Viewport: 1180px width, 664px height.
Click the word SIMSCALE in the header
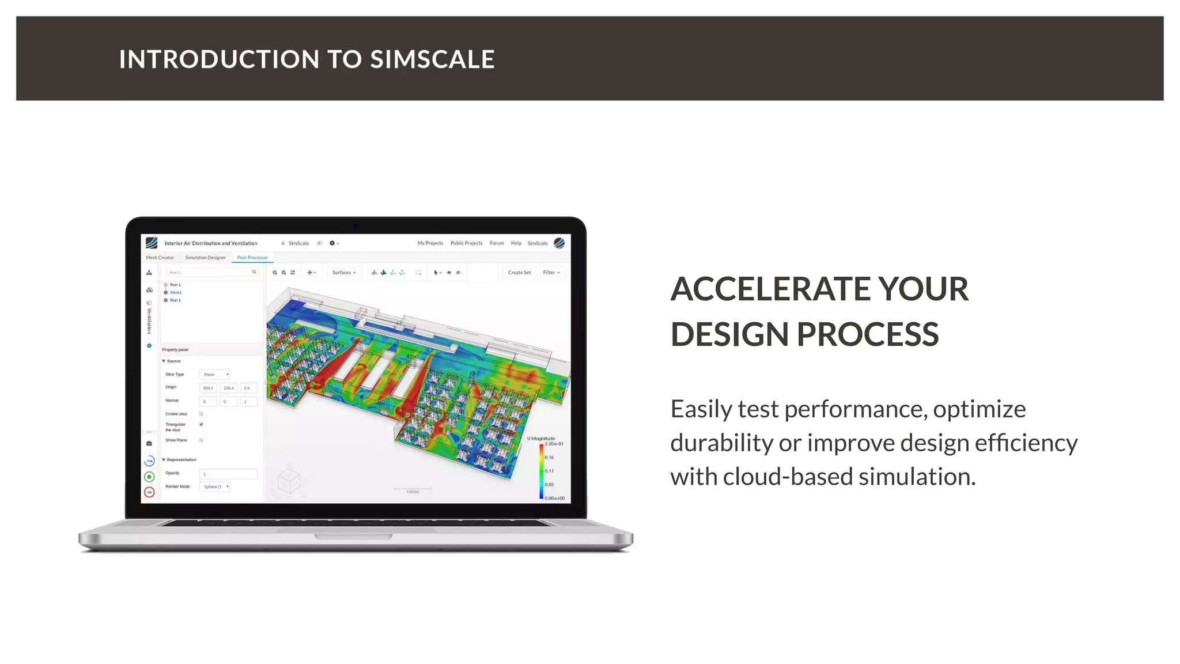point(432,59)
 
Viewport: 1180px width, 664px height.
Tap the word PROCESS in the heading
point(868,334)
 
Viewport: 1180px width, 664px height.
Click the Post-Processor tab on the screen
point(252,258)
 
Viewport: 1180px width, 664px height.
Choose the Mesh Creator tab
point(160,258)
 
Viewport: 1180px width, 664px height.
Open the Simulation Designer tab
point(205,258)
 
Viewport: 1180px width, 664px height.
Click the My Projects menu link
point(430,243)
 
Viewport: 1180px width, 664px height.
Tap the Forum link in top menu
point(497,243)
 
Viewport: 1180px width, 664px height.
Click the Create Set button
point(519,273)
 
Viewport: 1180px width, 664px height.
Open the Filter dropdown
point(551,273)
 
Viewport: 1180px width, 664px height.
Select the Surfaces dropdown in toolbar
point(344,273)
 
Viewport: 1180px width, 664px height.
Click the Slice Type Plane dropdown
point(215,375)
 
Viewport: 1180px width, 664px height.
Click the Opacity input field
point(228,474)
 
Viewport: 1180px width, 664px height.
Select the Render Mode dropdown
point(215,487)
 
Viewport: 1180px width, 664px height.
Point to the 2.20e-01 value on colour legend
point(554,444)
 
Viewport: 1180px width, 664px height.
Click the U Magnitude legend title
point(541,439)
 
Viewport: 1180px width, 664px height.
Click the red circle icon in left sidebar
point(149,492)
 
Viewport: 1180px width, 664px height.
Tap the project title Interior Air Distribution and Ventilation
point(211,243)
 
